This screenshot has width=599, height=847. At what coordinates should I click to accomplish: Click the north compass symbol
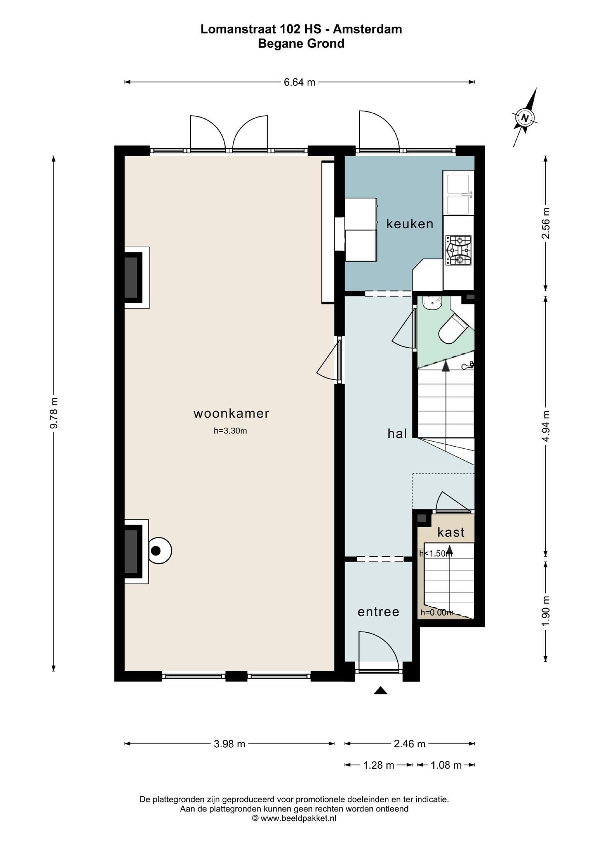tap(525, 117)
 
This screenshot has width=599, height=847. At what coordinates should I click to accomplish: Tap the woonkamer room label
tap(231, 413)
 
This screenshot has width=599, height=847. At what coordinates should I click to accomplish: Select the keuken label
tap(410, 224)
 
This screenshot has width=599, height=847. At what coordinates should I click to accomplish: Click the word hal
tap(397, 433)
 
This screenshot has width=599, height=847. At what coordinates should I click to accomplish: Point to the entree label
tap(378, 612)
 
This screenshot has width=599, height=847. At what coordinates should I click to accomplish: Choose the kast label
tap(451, 532)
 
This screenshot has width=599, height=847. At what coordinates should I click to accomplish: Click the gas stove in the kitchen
tap(458, 250)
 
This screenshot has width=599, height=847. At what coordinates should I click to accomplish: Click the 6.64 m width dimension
tap(299, 82)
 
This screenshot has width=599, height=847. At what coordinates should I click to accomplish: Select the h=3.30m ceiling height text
tap(230, 431)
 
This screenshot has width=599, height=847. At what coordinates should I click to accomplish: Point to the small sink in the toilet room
tap(432, 302)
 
